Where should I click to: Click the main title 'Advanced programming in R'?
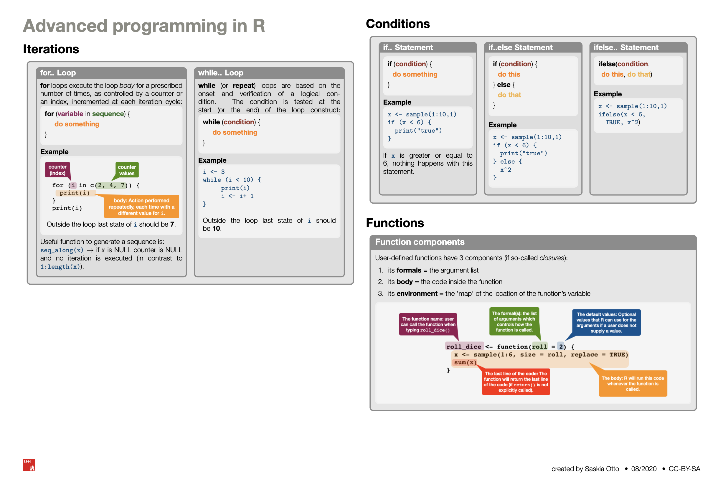(144, 26)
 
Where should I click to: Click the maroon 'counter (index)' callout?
(57, 170)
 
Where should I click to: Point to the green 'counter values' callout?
(127, 170)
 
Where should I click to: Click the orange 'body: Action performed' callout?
(141, 207)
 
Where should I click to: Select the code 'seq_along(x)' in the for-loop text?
(62, 250)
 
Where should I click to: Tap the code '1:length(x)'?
(60, 267)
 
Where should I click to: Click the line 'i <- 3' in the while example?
(214, 172)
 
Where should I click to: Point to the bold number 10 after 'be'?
(216, 229)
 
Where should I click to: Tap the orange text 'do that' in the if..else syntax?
(509, 95)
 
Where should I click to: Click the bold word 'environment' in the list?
(417, 293)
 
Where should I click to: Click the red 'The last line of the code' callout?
(516, 382)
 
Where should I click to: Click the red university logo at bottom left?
(29, 465)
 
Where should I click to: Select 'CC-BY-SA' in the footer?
(684, 469)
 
